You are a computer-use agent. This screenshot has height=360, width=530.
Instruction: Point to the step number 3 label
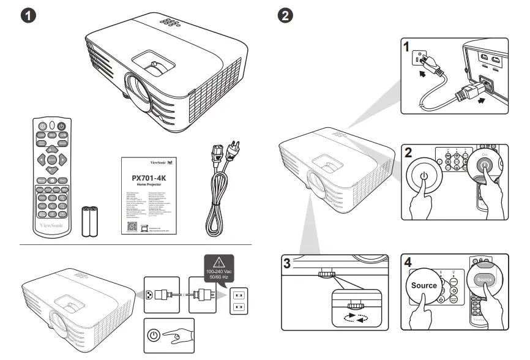[x=287, y=263]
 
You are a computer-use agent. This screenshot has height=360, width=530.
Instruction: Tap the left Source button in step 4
[x=424, y=285]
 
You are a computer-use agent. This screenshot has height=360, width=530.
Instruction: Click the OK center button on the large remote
[x=52, y=159]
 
